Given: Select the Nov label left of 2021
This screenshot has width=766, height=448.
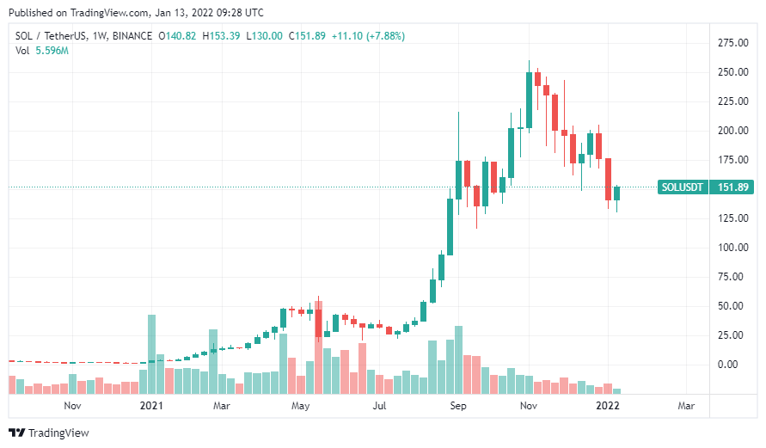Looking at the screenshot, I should pos(72,405).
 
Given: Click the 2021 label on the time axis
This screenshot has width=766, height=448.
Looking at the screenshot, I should pos(151,405).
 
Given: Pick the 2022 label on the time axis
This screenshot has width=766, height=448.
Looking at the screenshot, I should pos(608,405).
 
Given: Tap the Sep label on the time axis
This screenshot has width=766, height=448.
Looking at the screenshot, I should pos(458,405).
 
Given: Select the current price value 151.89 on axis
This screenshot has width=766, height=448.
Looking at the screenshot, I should pos(733,187).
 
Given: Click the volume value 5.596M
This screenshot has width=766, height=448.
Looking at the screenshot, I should pos(53,51).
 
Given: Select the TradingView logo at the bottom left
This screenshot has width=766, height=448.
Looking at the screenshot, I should pos(48,433).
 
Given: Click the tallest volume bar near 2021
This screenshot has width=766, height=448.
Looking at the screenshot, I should pos(152,354).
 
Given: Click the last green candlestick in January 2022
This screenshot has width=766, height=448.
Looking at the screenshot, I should pos(616,193).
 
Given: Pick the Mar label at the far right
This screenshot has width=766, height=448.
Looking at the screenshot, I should pos(687,405).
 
